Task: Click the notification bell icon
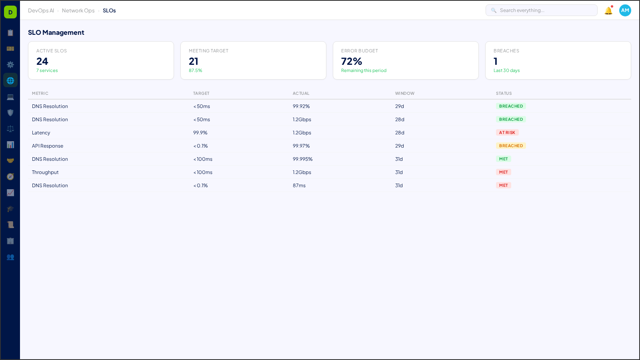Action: pos(608,11)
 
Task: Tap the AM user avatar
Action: pos(625,10)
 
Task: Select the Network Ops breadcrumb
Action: pos(78,10)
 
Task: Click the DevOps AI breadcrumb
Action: pos(41,10)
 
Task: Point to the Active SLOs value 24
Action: pos(42,61)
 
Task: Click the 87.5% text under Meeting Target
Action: pos(196,70)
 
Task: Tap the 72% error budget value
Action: pos(352,61)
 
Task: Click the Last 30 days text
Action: pos(506,70)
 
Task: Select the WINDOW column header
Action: pos(405,93)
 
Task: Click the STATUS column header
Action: pos(504,93)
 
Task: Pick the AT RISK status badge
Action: pos(507,132)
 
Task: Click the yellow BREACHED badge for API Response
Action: pos(511,146)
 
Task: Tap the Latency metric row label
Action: pos(41,133)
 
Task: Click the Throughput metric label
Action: pos(45,172)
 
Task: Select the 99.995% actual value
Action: pos(303,159)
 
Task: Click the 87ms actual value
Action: pos(299,186)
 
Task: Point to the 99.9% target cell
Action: pos(200,133)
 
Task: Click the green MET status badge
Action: pos(503,159)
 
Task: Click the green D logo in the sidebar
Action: pos(10,12)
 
